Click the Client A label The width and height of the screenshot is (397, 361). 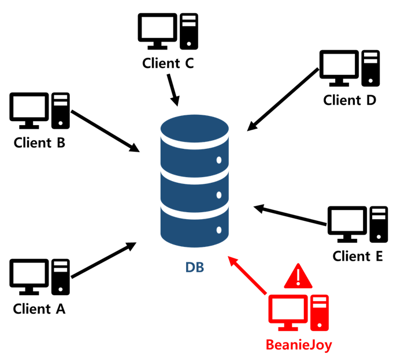coord(39,309)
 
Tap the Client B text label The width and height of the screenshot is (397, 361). coord(39,142)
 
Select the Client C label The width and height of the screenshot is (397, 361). coord(168,63)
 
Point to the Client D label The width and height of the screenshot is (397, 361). coord(350,100)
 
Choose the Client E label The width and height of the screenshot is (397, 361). coord(358,256)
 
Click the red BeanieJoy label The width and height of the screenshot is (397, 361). coord(299,345)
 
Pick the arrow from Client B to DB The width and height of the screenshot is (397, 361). coord(105,130)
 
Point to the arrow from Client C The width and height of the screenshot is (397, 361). coord(172,89)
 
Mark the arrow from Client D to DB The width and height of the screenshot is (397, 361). coord(283,99)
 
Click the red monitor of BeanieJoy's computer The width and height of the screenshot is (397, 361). coord(287,311)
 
